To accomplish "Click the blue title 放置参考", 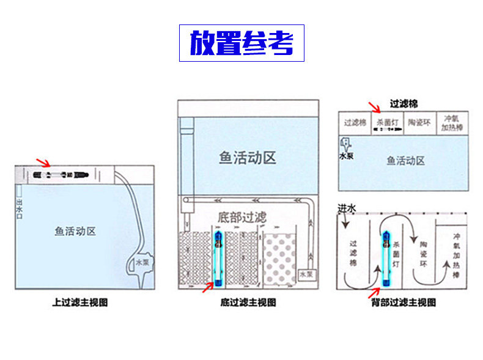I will click(242, 43).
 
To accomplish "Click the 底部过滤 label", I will click(243, 217).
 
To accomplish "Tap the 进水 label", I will click(347, 209).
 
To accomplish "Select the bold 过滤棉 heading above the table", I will click(404, 105).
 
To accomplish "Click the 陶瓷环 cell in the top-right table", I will click(419, 123).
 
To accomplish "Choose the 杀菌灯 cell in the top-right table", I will click(387, 123).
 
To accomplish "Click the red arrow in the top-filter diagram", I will click(43, 163).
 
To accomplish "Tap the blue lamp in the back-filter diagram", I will click(386, 260).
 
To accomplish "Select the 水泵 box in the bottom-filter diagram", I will click(307, 275).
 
